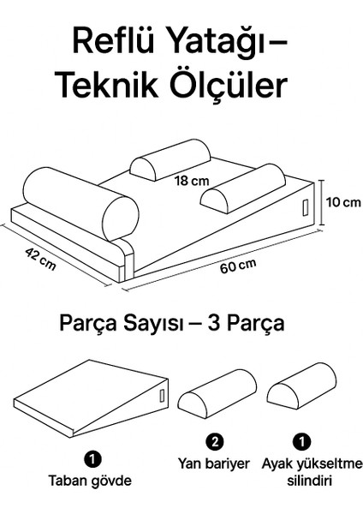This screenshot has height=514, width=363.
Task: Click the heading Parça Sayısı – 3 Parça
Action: tap(172, 325)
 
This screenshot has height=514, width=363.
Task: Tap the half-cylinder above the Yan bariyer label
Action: tap(217, 392)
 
